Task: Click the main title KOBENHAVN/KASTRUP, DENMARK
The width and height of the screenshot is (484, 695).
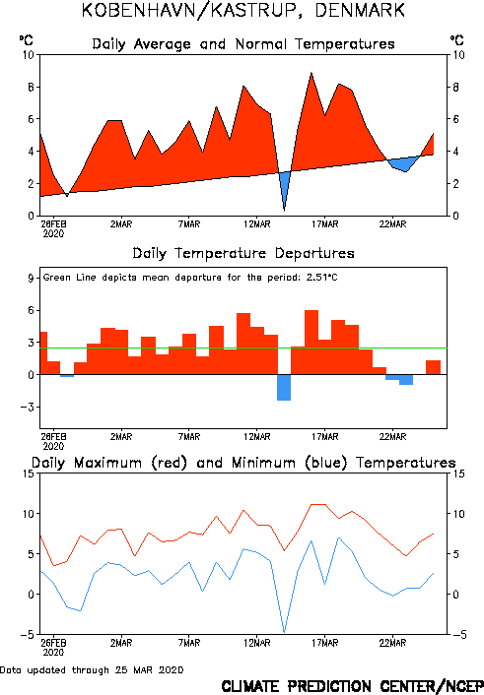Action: (242, 10)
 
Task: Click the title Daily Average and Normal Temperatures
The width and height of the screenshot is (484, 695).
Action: (243, 44)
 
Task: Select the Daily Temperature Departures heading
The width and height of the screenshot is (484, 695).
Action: (243, 253)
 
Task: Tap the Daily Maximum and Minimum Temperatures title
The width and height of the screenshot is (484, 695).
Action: (243, 463)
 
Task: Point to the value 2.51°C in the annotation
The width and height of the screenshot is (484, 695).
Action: (322, 278)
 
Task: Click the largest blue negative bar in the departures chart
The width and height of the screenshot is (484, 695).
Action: (284, 388)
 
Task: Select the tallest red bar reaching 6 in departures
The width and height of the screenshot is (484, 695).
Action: (311, 343)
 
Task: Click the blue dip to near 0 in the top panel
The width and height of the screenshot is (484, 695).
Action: (284, 210)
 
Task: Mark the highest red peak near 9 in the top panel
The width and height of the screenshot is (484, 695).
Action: (311, 73)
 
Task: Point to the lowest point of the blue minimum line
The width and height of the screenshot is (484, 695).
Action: (284, 632)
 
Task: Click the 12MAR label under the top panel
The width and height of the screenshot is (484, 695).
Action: (257, 224)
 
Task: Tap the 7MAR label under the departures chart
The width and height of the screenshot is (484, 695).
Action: (189, 437)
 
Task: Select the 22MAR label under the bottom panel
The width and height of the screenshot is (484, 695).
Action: (392, 643)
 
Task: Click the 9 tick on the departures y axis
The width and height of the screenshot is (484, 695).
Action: (31, 278)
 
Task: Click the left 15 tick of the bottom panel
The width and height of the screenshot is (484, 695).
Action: (28, 474)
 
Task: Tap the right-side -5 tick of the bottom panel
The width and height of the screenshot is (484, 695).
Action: (460, 635)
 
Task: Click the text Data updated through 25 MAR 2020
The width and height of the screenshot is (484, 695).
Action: (92, 670)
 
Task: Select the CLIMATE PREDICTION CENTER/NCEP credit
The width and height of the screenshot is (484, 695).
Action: (353, 686)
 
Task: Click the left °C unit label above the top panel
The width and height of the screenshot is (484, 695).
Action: (27, 40)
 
